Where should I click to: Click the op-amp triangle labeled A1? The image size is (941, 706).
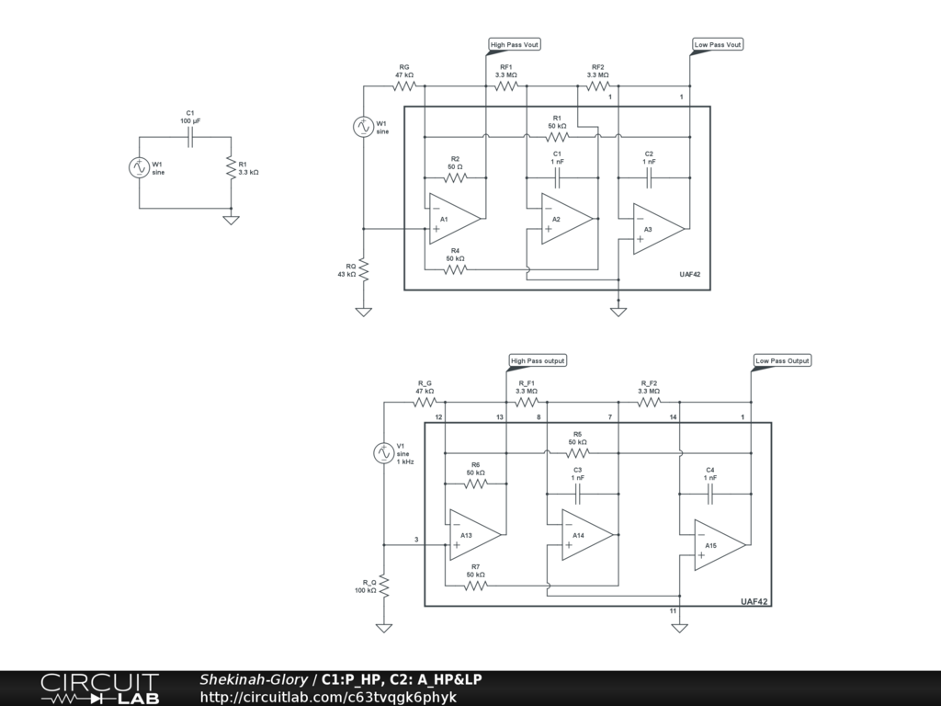[x=451, y=219]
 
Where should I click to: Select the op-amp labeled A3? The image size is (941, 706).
[x=655, y=228]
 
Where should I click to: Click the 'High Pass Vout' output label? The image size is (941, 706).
[x=516, y=44]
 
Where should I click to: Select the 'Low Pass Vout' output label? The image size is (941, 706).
[x=718, y=44]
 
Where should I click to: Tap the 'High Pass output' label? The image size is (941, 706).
[x=538, y=360]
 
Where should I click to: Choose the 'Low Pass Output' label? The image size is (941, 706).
[x=782, y=360]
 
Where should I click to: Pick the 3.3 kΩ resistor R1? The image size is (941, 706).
[x=230, y=167]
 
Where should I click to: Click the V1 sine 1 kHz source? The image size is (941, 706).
[x=384, y=452]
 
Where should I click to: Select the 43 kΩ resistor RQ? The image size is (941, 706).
[x=364, y=269]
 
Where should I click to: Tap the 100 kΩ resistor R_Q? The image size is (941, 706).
[x=384, y=585]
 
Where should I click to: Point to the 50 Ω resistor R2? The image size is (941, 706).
[x=455, y=177]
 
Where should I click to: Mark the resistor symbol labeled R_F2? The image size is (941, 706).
[x=649, y=402]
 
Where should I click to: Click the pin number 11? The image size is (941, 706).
[x=673, y=610]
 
